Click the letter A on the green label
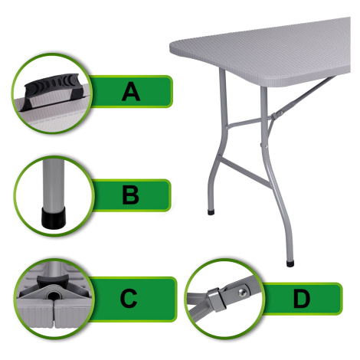131,91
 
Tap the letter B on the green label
130,195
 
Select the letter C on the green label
129,298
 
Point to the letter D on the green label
301,298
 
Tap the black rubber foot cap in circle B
54,218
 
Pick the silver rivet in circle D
242,293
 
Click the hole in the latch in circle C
53,296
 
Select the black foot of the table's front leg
290,263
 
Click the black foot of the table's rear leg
211,212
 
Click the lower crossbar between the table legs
244,172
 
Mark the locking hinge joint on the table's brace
276,116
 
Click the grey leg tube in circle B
54,184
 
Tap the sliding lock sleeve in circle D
217,299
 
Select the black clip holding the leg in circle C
53,280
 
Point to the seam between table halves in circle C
54,313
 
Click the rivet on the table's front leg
267,146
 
